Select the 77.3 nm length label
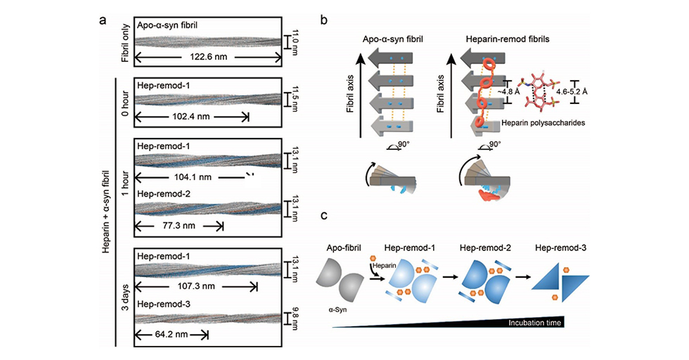[179, 226]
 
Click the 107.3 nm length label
[195, 288]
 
